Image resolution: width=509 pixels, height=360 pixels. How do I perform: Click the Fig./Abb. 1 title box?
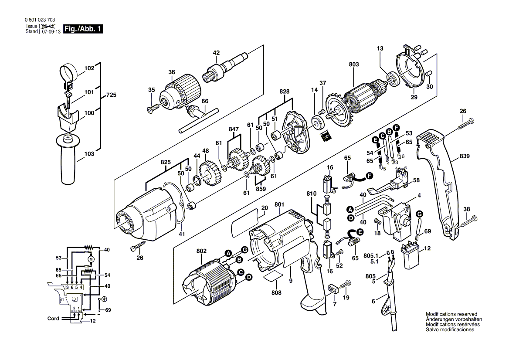(83, 29)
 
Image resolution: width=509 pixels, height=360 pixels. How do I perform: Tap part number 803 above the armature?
(354, 65)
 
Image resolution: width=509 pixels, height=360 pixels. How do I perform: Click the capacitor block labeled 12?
(410, 257)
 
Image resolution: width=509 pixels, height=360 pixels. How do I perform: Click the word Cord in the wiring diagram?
(53, 319)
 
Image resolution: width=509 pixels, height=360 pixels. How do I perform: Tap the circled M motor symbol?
(91, 260)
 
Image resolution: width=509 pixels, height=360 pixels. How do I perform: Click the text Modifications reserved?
(451, 314)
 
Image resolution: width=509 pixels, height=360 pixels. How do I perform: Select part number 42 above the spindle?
(216, 53)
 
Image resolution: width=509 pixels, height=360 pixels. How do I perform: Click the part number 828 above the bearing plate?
(285, 92)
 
